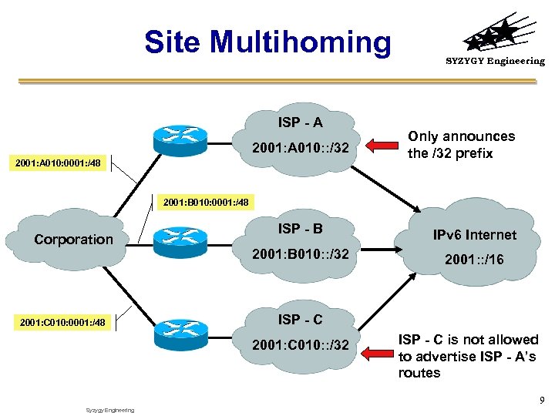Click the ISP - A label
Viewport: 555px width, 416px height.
tap(300, 122)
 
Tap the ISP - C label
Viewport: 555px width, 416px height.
tap(300, 319)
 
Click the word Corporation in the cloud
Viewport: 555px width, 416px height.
tap(73, 240)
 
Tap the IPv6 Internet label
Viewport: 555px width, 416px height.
tap(474, 235)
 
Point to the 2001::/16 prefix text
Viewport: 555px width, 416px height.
tap(474, 260)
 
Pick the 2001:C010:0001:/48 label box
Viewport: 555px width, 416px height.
tap(62, 321)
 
